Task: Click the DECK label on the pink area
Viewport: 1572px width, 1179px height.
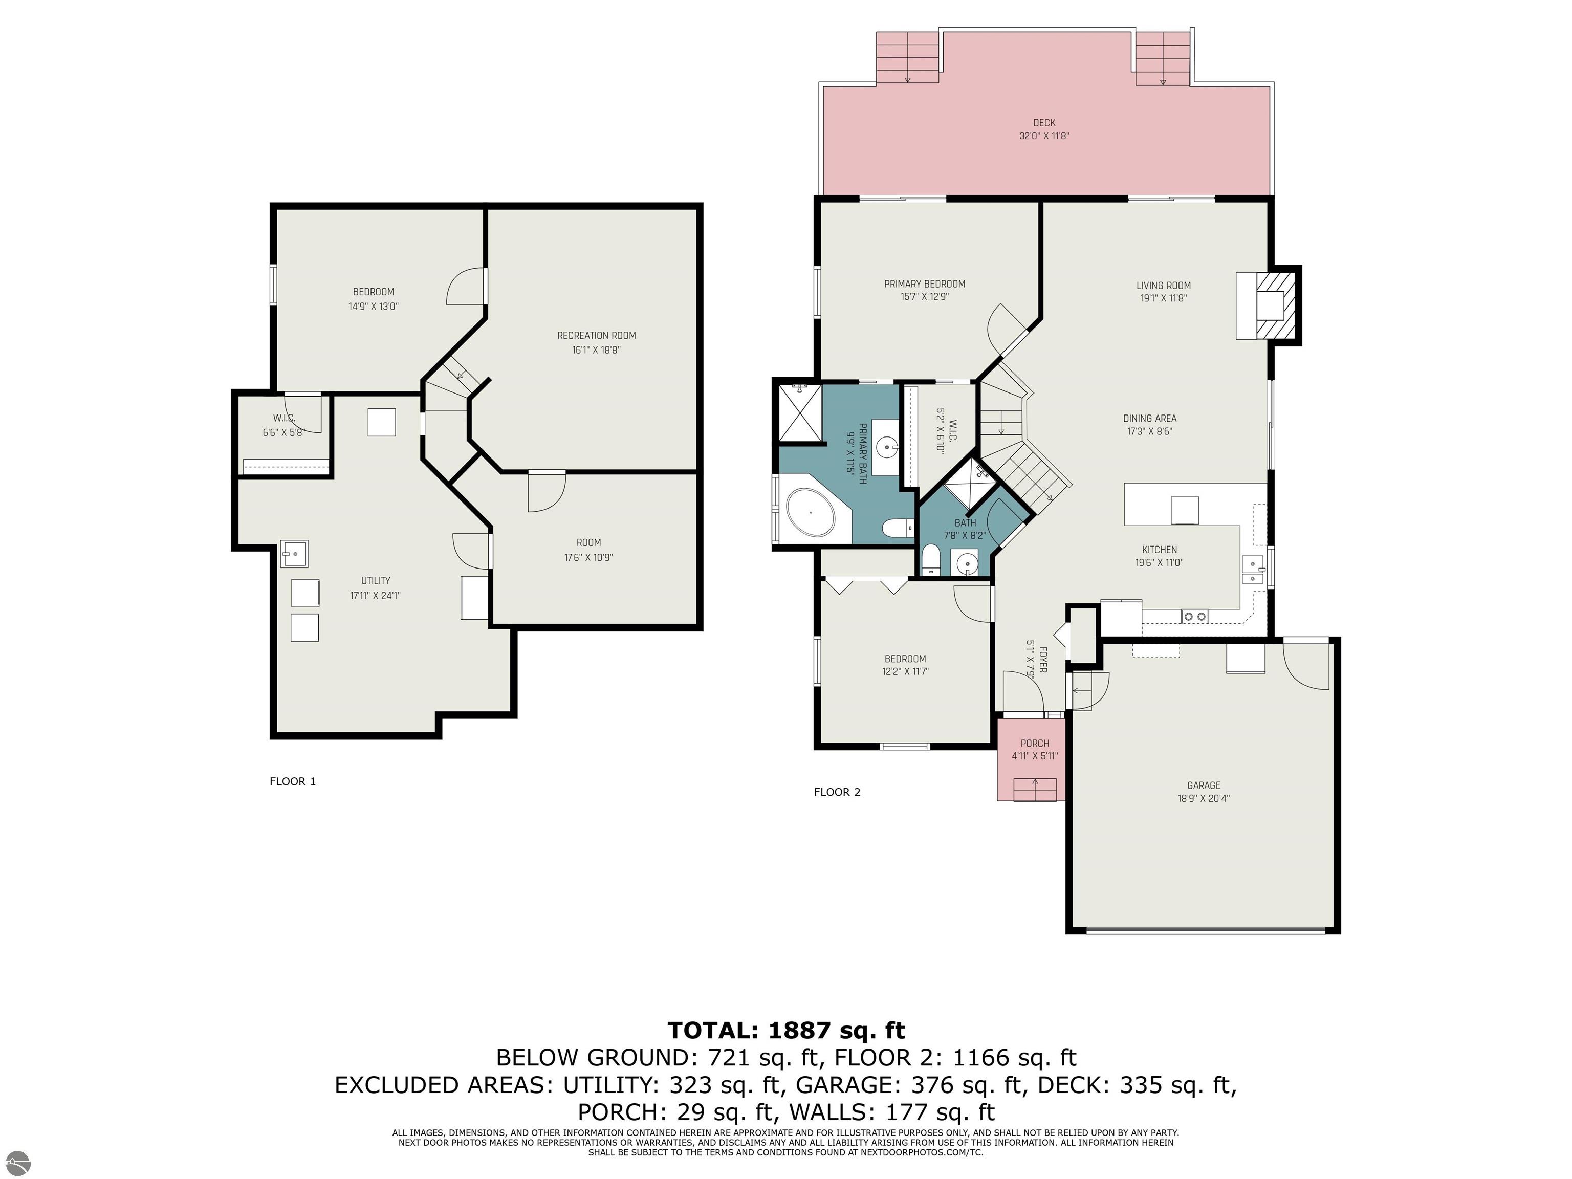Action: tap(1044, 123)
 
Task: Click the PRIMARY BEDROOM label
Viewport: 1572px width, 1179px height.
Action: tap(925, 283)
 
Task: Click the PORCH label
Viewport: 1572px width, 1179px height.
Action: tap(1035, 744)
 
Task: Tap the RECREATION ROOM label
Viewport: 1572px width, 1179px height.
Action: tap(596, 336)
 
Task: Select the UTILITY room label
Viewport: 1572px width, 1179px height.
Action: tap(375, 581)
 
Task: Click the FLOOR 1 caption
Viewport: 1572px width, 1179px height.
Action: tap(293, 782)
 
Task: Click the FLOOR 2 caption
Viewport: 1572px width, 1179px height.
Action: tap(837, 792)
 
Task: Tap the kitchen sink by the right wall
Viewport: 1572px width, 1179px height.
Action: tap(1252, 570)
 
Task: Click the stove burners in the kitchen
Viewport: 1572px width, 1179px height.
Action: tap(1195, 616)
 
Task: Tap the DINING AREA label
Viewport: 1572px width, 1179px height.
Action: tap(1149, 419)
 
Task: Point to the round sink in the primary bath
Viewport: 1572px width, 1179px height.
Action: tap(885, 448)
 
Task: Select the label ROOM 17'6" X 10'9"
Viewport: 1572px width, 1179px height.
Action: tap(588, 550)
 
